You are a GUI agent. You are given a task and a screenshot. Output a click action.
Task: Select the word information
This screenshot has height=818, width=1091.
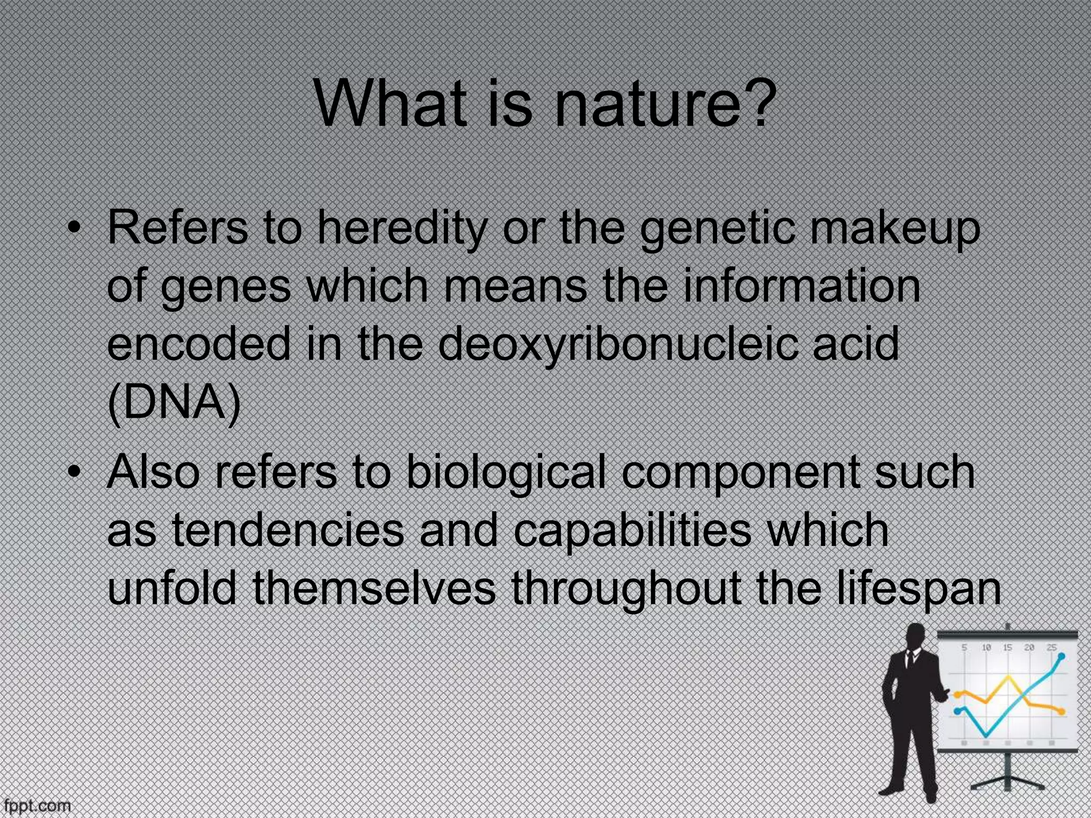pyautogui.click(x=802, y=287)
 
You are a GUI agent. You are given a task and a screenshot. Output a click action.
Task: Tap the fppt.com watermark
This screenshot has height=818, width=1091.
pyautogui.click(x=36, y=806)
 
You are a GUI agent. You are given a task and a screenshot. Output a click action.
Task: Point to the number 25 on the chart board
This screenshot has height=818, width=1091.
pyautogui.click(x=1051, y=648)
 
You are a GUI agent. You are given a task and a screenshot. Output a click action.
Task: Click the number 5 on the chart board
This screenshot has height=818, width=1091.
pyautogui.click(x=964, y=648)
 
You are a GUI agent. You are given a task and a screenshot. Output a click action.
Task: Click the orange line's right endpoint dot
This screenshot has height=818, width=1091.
pyautogui.click(x=1062, y=711)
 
